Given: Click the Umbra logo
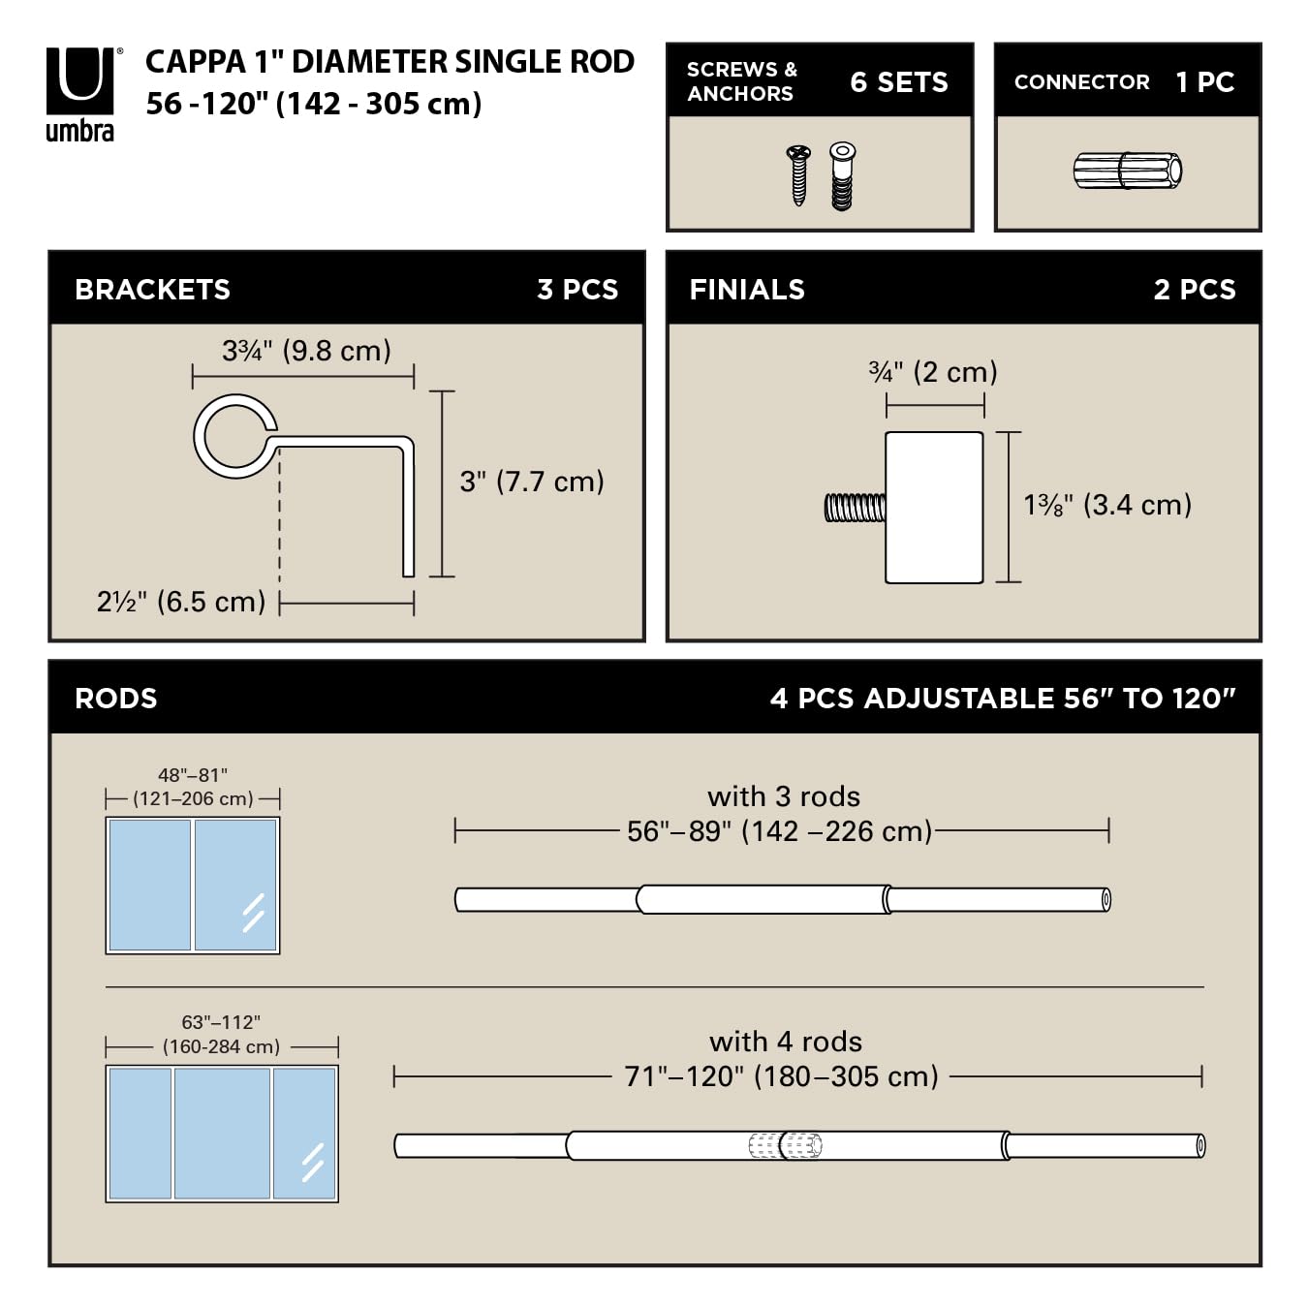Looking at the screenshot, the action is [81, 94].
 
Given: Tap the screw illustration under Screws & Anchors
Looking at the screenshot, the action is [798, 174].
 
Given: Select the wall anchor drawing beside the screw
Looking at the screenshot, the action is [842, 175].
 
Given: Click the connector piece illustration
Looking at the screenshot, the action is [1128, 171].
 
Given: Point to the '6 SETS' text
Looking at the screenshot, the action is [899, 82].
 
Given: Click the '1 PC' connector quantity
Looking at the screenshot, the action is [1205, 82].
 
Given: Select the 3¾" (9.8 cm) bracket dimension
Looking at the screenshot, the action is [307, 351].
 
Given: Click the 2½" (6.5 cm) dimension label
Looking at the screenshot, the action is [181, 602].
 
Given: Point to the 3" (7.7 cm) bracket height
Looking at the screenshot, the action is [532, 482].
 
